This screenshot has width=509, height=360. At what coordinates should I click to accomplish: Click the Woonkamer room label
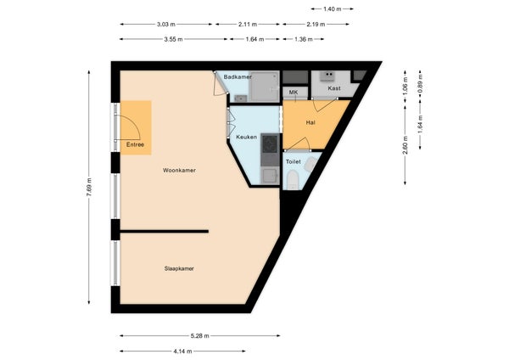point(179,171)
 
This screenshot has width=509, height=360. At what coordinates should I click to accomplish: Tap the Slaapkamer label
point(179,268)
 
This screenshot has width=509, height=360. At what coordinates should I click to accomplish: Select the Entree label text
point(135,145)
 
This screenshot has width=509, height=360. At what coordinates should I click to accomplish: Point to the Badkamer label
point(238,77)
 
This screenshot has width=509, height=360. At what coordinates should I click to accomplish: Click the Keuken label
point(246,137)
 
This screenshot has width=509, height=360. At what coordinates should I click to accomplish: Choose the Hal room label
point(310,123)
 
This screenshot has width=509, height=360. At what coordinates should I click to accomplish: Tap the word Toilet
point(294,162)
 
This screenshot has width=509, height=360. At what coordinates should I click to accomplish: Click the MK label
point(294,93)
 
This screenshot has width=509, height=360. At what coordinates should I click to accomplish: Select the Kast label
point(334,88)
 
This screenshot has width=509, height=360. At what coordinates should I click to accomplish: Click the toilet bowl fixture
point(293,180)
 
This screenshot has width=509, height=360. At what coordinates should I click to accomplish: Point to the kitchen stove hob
point(270,143)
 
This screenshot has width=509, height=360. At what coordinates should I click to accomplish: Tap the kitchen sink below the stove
point(270,176)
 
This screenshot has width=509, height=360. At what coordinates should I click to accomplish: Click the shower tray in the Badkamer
point(264,87)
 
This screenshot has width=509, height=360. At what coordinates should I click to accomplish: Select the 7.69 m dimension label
point(89,187)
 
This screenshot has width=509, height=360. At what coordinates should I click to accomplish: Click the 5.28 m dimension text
point(200,336)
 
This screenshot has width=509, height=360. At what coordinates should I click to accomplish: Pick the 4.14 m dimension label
point(182,352)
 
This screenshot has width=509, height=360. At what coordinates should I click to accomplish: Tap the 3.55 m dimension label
point(174,39)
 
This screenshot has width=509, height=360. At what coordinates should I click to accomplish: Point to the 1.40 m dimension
point(333,9)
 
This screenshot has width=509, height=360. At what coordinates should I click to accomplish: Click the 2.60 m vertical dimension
point(406,145)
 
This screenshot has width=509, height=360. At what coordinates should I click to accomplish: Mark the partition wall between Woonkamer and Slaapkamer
point(165,231)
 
